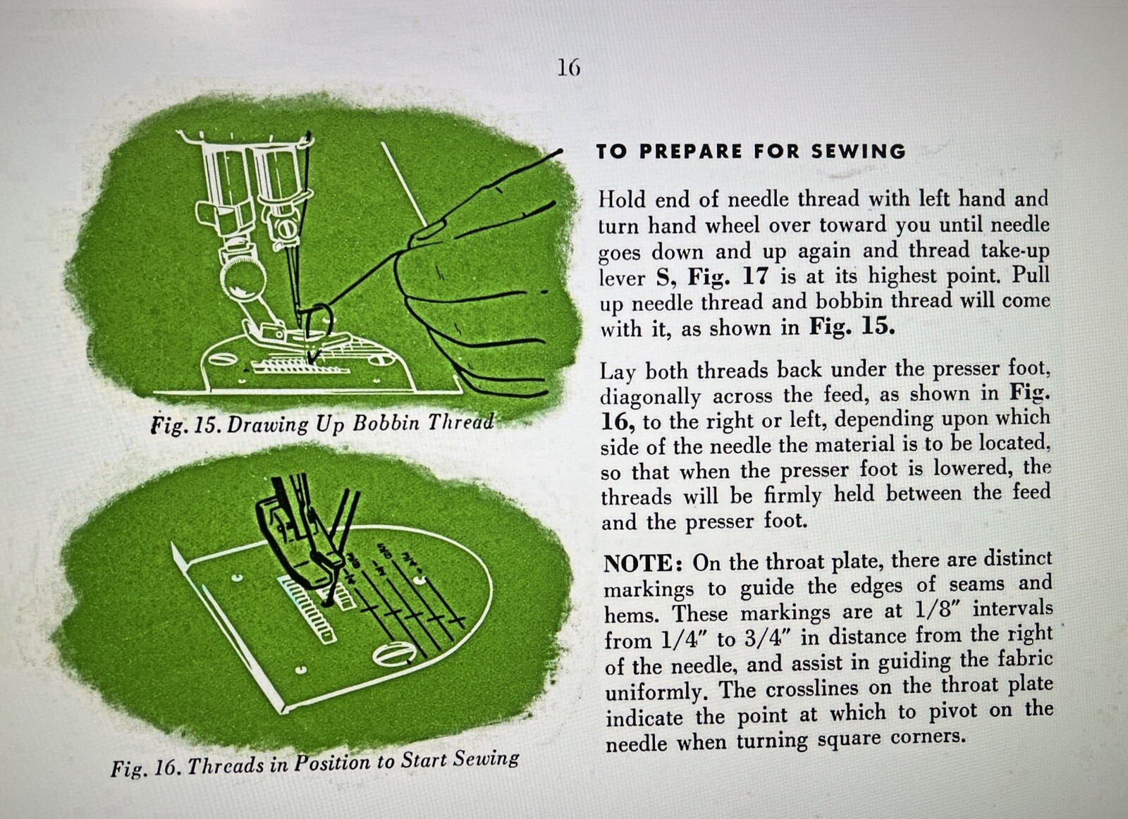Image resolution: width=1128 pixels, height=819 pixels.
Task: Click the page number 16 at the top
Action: pyautogui.click(x=569, y=68)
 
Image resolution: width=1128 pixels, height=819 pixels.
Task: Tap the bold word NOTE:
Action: pyautogui.click(x=642, y=563)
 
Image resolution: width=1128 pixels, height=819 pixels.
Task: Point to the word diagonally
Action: pyautogui.click(x=650, y=397)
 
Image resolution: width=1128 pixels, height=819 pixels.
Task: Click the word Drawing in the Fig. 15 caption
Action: pyautogui.click(x=267, y=424)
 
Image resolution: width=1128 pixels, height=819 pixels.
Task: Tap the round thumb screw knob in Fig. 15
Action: pyautogui.click(x=240, y=281)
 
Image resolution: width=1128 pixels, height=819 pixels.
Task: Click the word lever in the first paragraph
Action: pyautogui.click(x=622, y=278)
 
